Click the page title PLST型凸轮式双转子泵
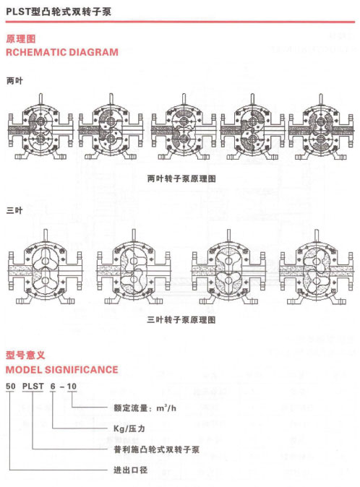point(59,12)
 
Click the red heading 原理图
point(21,39)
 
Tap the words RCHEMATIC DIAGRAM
point(62,52)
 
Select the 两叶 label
point(14,81)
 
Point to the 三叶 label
point(14,210)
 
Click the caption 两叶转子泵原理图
point(181,179)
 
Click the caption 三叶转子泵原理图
point(181,320)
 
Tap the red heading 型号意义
point(25,355)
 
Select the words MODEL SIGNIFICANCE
point(62,370)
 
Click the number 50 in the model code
point(11,387)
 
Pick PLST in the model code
point(33,387)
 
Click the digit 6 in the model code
point(53,387)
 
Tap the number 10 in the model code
point(72,387)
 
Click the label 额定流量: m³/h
point(145,408)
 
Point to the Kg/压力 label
point(129,428)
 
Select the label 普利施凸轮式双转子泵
point(157,449)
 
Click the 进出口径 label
point(130,470)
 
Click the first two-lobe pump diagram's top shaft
point(41,100)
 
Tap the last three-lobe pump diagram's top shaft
point(317,236)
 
